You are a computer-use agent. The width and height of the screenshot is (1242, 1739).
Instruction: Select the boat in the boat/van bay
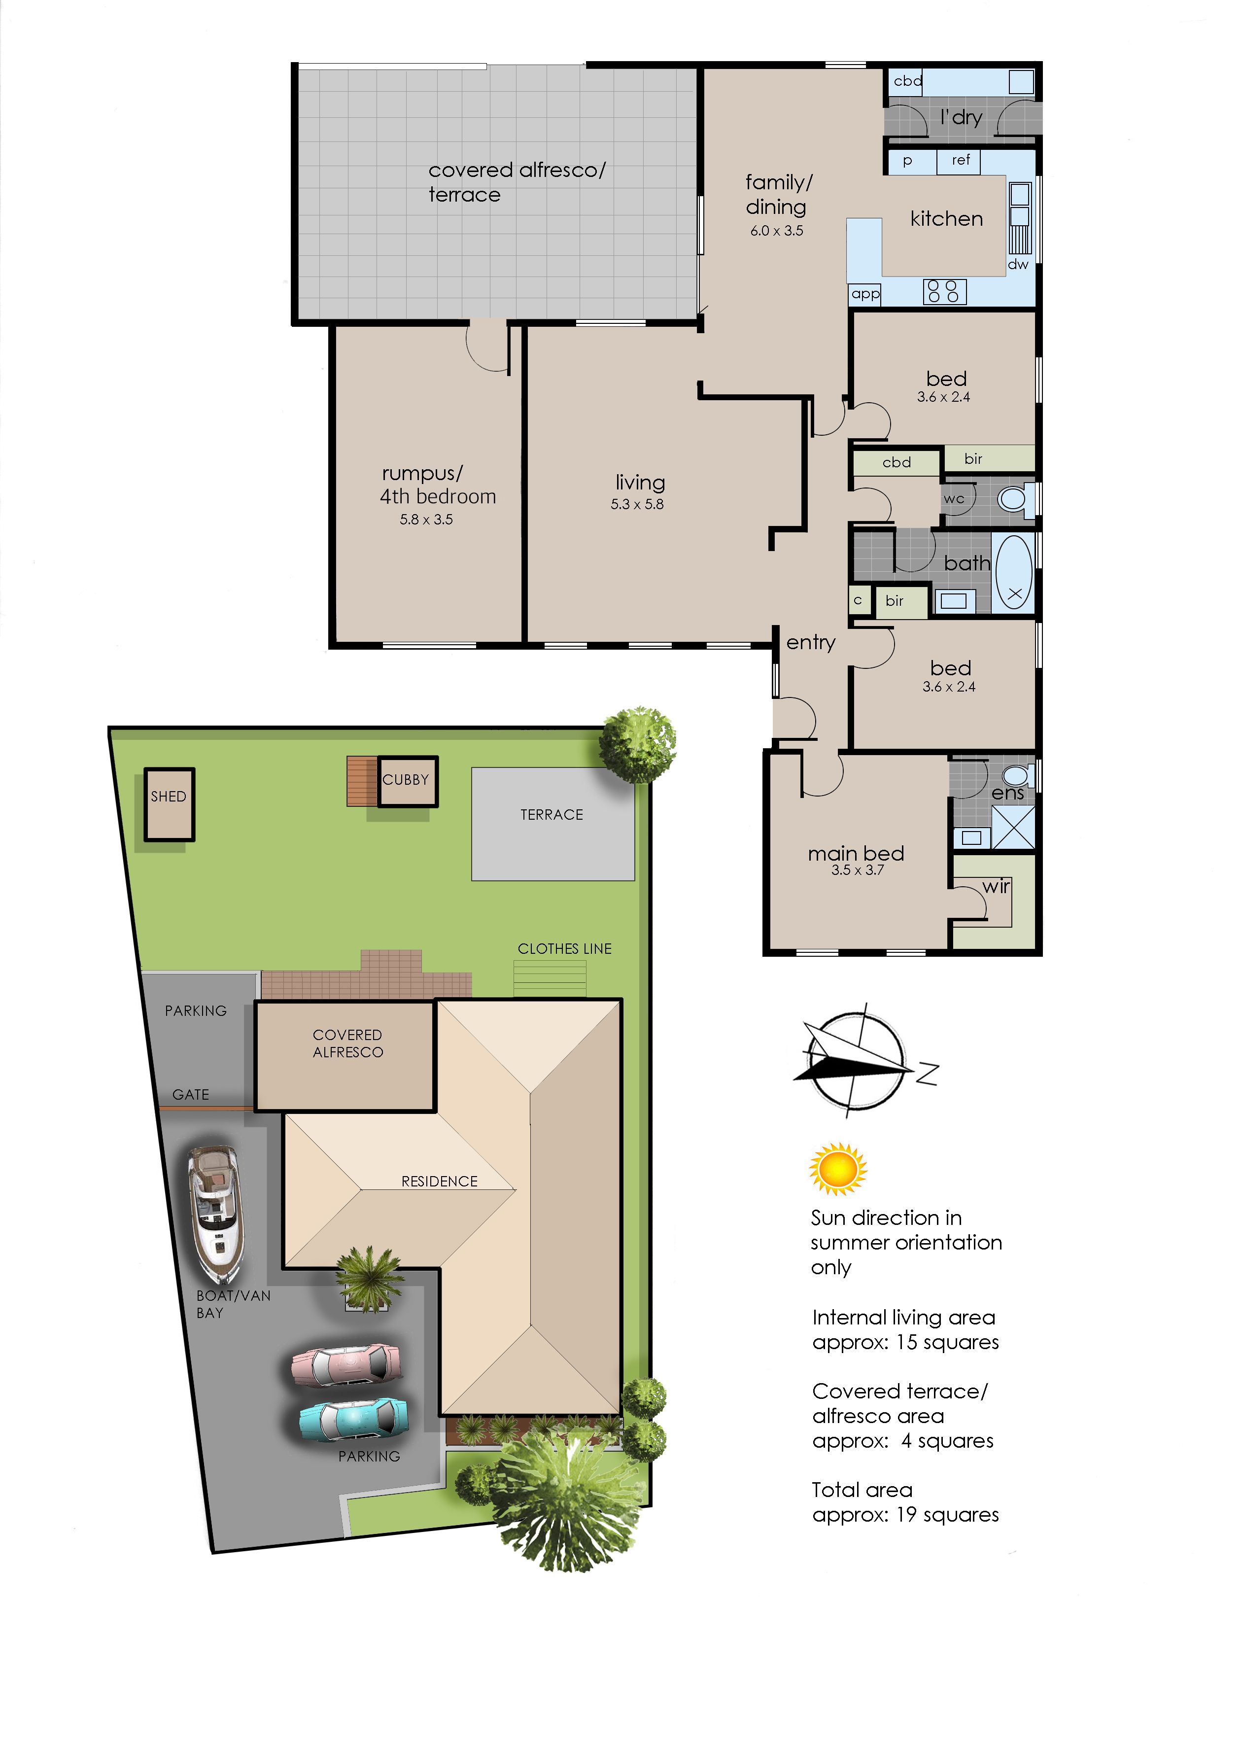click(x=216, y=1214)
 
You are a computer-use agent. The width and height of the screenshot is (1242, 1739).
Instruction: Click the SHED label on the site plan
click(x=168, y=796)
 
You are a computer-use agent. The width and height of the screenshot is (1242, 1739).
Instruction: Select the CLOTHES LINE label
click(x=564, y=948)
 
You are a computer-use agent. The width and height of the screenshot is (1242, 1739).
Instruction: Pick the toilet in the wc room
click(x=1015, y=499)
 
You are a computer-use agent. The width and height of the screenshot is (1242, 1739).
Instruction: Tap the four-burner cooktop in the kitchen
click(x=945, y=291)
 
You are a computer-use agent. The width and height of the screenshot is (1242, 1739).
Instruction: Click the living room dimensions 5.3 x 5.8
click(x=637, y=504)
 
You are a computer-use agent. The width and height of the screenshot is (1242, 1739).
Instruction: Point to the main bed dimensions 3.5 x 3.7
click(x=857, y=870)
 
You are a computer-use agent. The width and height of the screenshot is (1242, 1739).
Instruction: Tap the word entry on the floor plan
click(x=811, y=642)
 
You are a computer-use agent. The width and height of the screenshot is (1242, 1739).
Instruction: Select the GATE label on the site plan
click(x=190, y=1094)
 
